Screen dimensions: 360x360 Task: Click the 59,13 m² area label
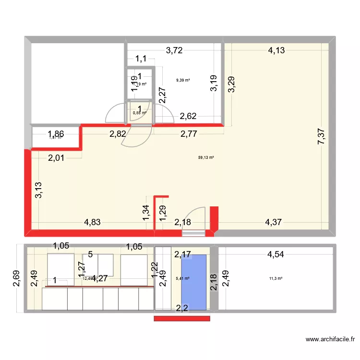pos(206,157)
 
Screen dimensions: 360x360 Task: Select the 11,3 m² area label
pos(276,278)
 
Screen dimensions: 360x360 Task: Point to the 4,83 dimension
pos(93,223)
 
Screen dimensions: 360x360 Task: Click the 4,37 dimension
pos(274,223)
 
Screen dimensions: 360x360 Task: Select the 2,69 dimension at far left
pos(16,278)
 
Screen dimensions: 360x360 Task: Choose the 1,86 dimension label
pos(56,135)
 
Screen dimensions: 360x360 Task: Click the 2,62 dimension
pos(188,116)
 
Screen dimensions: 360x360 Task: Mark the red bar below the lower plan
pos(182,318)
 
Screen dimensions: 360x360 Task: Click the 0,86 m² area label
pos(139,113)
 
